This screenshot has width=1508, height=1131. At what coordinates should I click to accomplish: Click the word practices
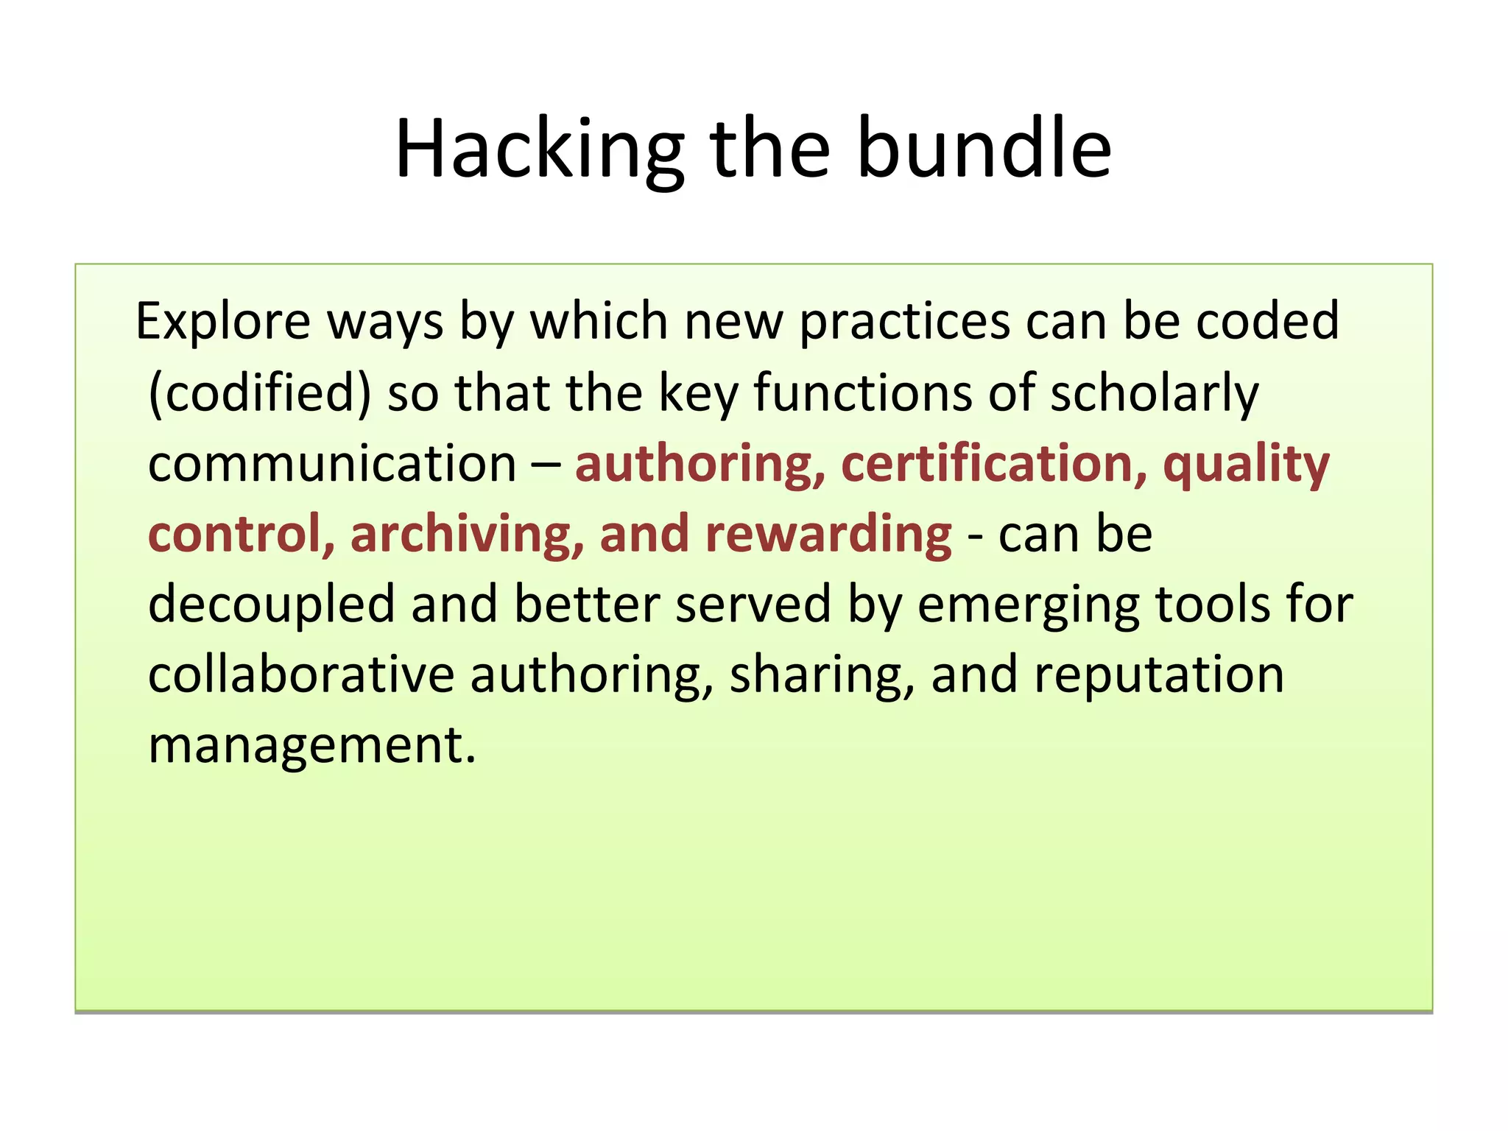coord(905,323)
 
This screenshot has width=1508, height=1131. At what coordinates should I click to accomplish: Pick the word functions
coord(862,393)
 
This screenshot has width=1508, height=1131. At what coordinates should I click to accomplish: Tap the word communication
coord(332,464)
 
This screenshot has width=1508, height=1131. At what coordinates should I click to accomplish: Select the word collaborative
coord(301,675)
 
